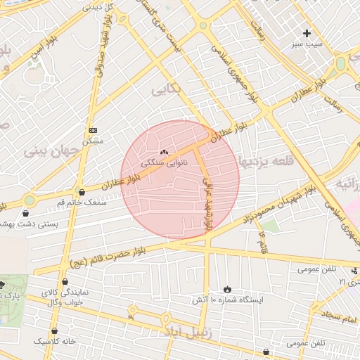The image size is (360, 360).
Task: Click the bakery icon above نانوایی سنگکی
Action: pyautogui.click(x=164, y=151)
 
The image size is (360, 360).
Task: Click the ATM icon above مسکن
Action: pyautogui.click(x=93, y=130)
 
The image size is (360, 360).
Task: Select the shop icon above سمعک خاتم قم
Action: pyautogui.click(x=82, y=191)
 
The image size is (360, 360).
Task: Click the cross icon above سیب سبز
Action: pyautogui.click(x=307, y=33)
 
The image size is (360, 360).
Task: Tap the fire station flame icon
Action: pyautogui.click(x=227, y=289)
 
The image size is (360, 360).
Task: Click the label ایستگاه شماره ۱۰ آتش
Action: pyautogui.click(x=227, y=300)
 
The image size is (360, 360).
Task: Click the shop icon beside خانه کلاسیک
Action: pyautogui.click(x=55, y=330)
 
